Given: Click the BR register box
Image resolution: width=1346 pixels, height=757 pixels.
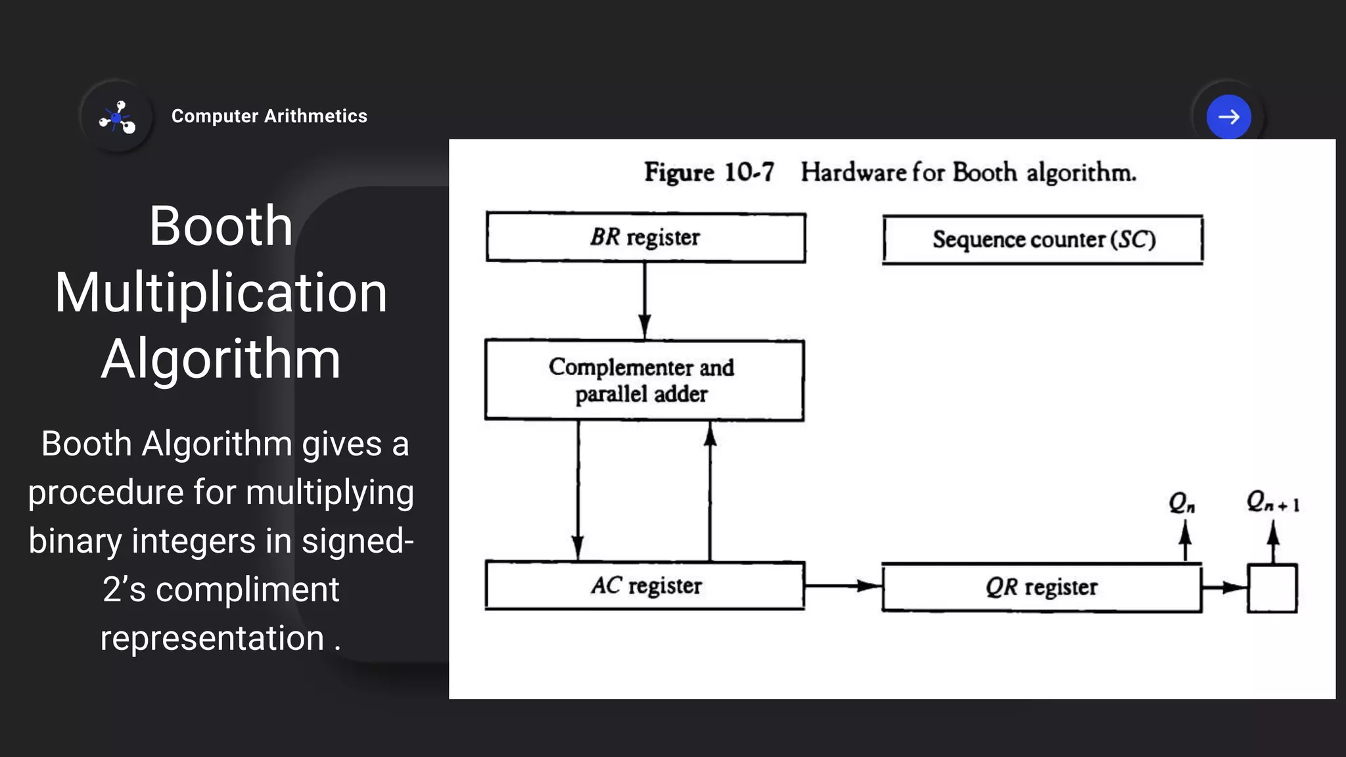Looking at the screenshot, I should [645, 237].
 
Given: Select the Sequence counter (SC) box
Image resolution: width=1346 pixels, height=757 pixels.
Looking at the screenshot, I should [1043, 240].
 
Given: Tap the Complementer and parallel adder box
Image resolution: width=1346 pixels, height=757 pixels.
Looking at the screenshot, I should [644, 380].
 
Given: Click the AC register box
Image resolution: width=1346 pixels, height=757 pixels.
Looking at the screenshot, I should [645, 585].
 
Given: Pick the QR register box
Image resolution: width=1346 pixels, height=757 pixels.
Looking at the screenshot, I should [1041, 587].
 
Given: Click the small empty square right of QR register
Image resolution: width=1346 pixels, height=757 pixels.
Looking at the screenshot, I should [1272, 588].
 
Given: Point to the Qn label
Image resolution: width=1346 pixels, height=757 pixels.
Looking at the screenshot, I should [1182, 503].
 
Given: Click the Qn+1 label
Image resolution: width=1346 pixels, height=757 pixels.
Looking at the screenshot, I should [1272, 502].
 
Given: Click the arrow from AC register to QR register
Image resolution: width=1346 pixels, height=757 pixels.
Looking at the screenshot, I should [843, 585].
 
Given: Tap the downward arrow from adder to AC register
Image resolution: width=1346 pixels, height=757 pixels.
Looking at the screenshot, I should [578, 490].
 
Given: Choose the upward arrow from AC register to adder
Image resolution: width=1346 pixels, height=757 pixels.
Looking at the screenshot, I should [710, 490].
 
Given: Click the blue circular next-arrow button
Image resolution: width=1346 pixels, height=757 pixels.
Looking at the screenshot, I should [1228, 117].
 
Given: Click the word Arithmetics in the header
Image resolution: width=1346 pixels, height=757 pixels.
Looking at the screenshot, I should [315, 116].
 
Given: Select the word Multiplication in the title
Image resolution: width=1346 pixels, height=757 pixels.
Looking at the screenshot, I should [221, 292].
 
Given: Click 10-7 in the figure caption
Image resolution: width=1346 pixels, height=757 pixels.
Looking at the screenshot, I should [749, 172].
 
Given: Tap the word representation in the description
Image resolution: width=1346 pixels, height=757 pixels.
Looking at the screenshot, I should [212, 638].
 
